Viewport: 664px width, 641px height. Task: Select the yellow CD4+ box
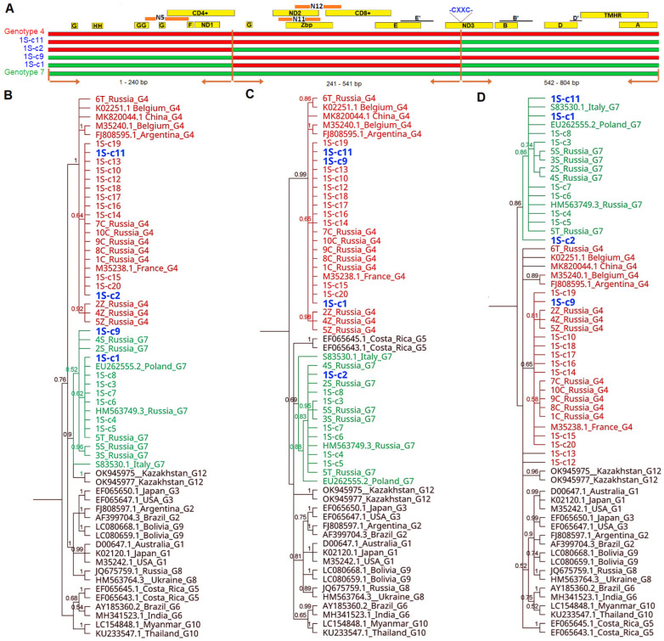(200, 14)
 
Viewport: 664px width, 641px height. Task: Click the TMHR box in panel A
(612, 15)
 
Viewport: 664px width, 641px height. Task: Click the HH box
(98, 26)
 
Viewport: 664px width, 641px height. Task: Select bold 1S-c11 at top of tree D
(554, 98)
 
